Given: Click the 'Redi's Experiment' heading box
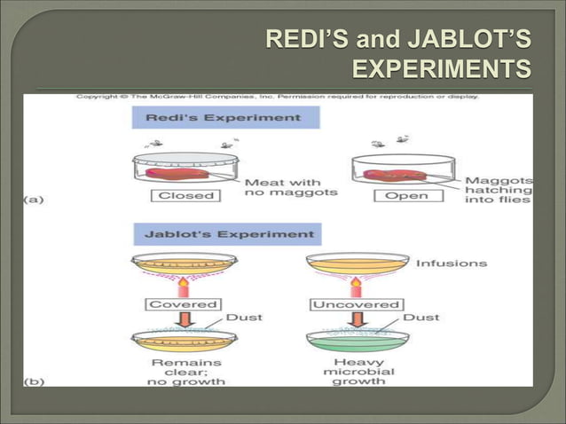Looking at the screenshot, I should click(x=225, y=118).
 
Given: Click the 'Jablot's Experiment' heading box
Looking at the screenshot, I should click(x=227, y=235).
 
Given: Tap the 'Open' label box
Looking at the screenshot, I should click(x=406, y=195).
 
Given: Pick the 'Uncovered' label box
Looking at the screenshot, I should click(x=356, y=304).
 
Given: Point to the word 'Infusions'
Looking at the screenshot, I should click(x=451, y=263).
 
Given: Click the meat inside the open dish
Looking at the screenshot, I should click(x=398, y=175).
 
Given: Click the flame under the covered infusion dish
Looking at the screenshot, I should click(x=183, y=287).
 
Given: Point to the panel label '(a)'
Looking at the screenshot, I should click(x=33, y=200).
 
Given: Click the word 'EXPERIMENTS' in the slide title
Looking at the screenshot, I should click(x=443, y=68).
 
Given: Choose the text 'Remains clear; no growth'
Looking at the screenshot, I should click(x=186, y=372).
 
